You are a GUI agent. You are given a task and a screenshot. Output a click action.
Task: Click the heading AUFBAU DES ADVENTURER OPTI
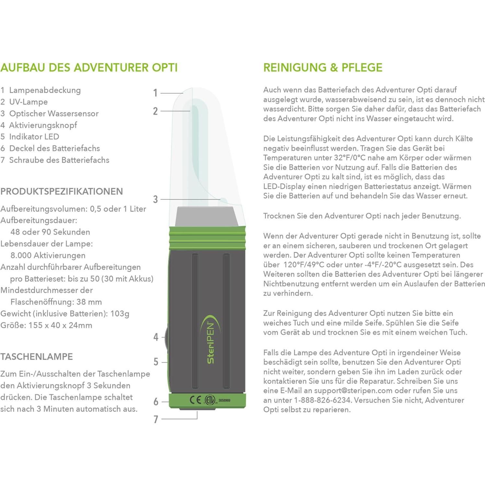click(x=89, y=67)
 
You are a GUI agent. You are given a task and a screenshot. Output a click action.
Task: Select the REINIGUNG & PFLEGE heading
click(x=323, y=67)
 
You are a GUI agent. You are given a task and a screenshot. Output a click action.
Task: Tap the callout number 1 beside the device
click(x=156, y=93)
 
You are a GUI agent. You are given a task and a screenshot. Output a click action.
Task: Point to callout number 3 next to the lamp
click(x=156, y=199)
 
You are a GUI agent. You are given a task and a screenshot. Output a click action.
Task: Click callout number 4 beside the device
click(x=156, y=337)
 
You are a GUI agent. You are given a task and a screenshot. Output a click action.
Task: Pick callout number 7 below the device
click(x=156, y=419)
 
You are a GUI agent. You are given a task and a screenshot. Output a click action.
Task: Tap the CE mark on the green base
click(x=195, y=400)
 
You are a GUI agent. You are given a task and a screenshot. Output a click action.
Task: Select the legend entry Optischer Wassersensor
click(x=54, y=113)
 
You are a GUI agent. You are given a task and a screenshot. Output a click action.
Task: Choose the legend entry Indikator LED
click(x=34, y=137)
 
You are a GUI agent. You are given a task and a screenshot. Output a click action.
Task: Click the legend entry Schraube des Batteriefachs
click(x=59, y=160)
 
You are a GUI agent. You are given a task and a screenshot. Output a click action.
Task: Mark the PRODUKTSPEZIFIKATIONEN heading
click(x=62, y=191)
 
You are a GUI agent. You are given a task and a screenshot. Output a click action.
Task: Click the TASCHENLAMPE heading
click(x=37, y=357)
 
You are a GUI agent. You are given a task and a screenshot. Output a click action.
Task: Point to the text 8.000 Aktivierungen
click(x=48, y=255)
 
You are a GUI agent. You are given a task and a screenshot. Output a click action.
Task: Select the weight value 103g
click(x=120, y=314)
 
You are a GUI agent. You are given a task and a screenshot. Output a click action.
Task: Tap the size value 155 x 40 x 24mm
click(x=60, y=325)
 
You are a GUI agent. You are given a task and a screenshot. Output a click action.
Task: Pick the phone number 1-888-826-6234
click(x=322, y=400)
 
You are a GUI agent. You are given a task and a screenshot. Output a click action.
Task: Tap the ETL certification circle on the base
click(x=210, y=400)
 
